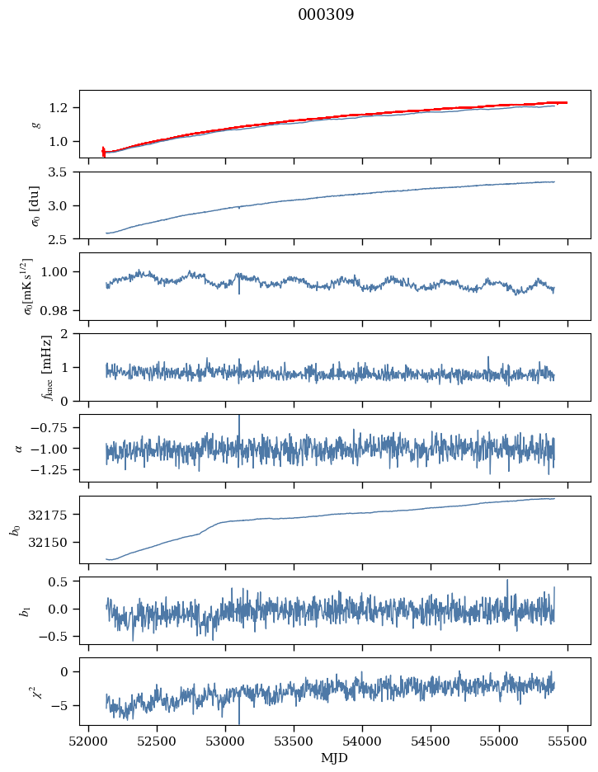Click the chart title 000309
pyautogui.click(x=326, y=15)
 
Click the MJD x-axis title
pyautogui.click(x=335, y=758)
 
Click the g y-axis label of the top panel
pyautogui.click(x=35, y=124)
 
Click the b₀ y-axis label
pyautogui.click(x=14, y=530)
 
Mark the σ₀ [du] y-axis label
pyautogui.click(x=34, y=205)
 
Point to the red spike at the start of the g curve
pyautogui.click(x=103, y=151)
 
